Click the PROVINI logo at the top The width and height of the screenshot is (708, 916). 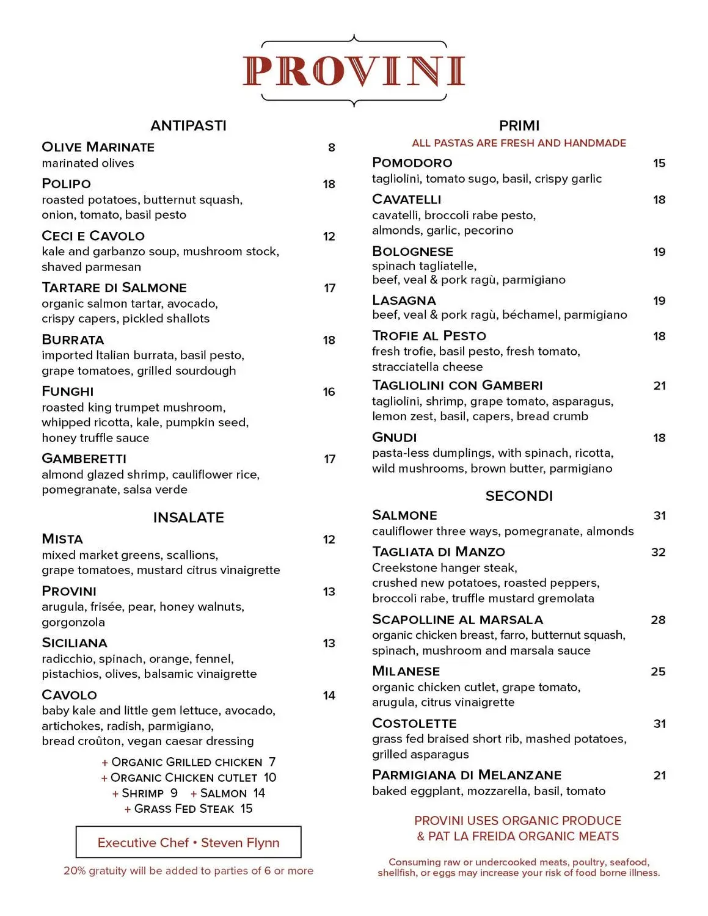pyautogui.click(x=354, y=71)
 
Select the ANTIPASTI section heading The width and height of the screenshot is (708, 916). pyautogui.click(x=188, y=126)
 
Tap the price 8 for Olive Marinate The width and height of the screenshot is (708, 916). pyautogui.click(x=332, y=147)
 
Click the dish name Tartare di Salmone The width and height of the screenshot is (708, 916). pyautogui.click(x=114, y=288)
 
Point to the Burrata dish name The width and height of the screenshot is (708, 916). pyautogui.click(x=73, y=340)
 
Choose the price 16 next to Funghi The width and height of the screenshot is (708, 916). pyautogui.click(x=329, y=392)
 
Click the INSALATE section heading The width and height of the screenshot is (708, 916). pyautogui.click(x=188, y=518)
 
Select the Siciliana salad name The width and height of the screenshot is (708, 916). pyautogui.click(x=75, y=643)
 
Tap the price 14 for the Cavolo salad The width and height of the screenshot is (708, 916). pyautogui.click(x=329, y=696)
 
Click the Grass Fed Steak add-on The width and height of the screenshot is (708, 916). pyautogui.click(x=188, y=809)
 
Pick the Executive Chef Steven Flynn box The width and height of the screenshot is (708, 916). pyautogui.click(x=188, y=843)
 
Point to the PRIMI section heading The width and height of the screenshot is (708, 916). pyautogui.click(x=519, y=126)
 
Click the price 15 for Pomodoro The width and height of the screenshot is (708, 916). pyautogui.click(x=659, y=163)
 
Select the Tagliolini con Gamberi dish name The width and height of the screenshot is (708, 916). pyautogui.click(x=458, y=385)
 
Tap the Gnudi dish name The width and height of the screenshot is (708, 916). pyautogui.click(x=395, y=438)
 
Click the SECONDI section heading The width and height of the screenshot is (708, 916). pyautogui.click(x=519, y=496)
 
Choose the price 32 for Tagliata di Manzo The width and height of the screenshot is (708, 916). pyautogui.click(x=658, y=553)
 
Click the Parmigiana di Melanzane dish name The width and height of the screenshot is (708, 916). pyautogui.click(x=467, y=775)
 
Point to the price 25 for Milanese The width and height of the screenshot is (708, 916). pyautogui.click(x=658, y=672)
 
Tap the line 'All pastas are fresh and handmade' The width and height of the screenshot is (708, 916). pyautogui.click(x=519, y=143)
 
